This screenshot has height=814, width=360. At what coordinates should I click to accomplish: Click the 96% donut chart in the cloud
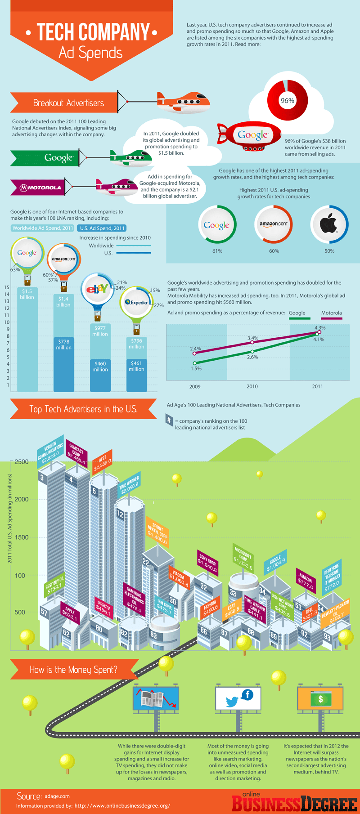coord(287,101)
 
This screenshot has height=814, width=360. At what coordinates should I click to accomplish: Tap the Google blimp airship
coord(250,135)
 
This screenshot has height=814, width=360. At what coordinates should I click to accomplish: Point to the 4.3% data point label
coord(320,328)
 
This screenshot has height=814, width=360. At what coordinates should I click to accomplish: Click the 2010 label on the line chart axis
coord(252,386)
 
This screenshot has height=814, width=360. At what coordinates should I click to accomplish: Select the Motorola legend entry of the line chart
coord(331,313)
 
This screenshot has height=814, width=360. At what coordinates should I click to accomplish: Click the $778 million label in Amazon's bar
coord(63,344)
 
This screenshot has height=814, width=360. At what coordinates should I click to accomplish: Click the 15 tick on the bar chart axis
coord(7,287)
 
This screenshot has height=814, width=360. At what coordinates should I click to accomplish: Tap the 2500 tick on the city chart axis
coord(21,462)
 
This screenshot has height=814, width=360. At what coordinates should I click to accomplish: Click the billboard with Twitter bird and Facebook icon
coord(237,699)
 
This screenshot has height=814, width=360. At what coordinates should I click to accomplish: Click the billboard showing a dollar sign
coord(320,699)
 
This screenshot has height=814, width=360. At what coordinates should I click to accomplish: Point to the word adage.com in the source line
coord(57,796)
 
